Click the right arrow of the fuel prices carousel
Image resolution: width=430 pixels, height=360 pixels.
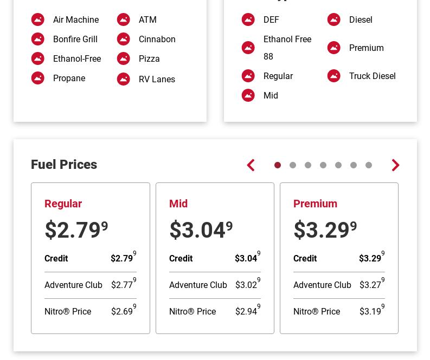point(395,165)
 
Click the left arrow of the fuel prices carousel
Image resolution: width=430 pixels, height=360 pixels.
point(251,165)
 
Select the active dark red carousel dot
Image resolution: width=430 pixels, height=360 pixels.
point(278,165)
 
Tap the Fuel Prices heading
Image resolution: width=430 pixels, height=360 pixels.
point(64,165)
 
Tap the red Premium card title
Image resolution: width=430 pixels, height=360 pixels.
point(315,204)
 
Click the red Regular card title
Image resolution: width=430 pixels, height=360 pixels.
point(63,204)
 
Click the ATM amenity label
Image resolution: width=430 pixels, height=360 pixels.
point(147,19)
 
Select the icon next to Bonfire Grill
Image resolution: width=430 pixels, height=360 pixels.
point(38,39)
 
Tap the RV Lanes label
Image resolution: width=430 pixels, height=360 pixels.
point(157,79)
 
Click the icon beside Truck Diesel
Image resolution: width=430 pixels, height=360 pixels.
point(334,76)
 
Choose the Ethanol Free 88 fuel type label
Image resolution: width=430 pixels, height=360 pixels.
point(287,48)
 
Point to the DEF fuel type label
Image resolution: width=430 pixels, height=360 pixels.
point(271,19)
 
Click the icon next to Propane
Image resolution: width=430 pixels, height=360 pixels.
point(38,78)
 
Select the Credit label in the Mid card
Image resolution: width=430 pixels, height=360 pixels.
point(181,258)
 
